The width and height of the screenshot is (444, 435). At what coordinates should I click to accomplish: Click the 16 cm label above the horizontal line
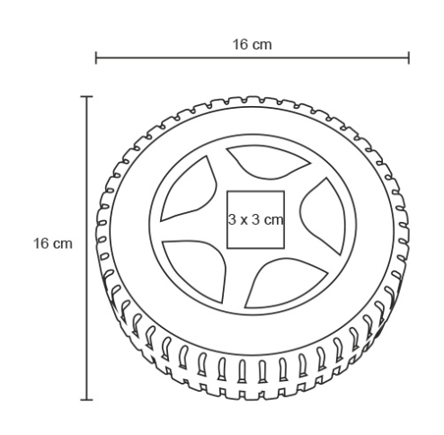[x=253, y=45]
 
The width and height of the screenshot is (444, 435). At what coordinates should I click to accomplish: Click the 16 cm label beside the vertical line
[x=53, y=244]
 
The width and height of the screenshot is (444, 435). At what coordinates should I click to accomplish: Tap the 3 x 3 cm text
[x=255, y=219]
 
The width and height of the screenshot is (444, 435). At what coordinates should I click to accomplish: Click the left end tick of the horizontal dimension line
[x=96, y=58]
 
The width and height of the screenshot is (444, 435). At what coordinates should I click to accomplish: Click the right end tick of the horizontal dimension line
[x=409, y=58]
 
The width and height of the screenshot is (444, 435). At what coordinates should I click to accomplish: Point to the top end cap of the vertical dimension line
[x=86, y=97]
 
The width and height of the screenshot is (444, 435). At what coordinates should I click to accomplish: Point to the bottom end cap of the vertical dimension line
[x=86, y=399]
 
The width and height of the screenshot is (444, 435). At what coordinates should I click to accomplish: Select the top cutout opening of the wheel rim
[x=268, y=162]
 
